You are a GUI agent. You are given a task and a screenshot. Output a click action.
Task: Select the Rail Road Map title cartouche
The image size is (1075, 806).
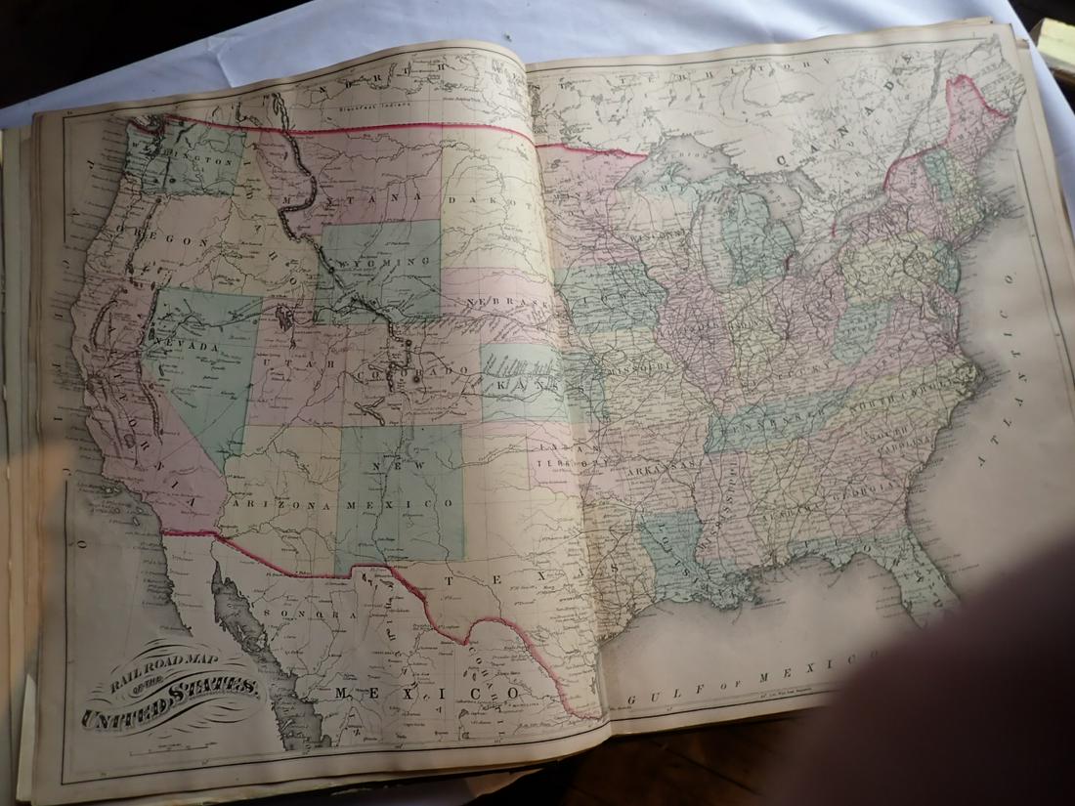pyautogui.click(x=172, y=689)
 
